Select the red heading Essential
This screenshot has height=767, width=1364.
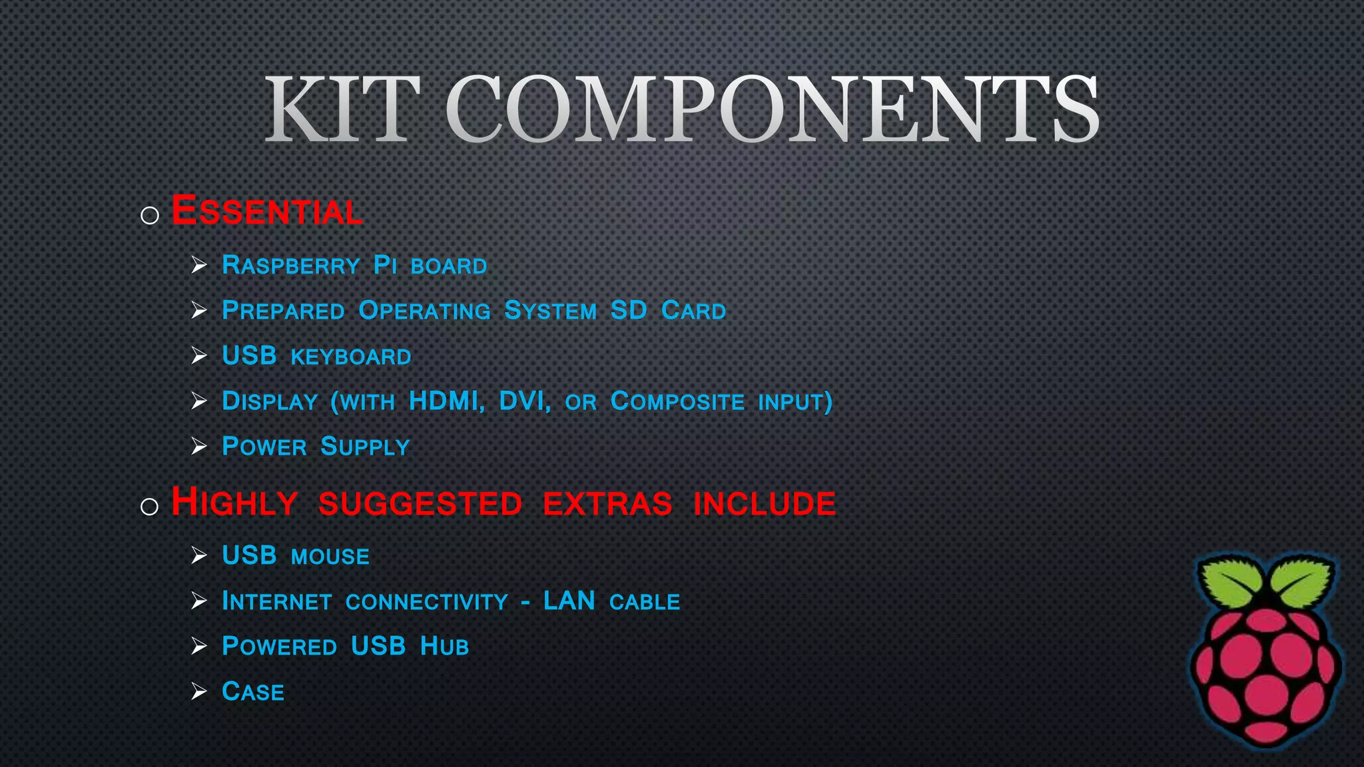266,211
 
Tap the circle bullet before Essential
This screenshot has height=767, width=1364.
150,215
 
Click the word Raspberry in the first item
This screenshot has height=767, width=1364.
290,266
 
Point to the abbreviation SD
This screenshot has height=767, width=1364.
628,310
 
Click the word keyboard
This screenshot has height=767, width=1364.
351,357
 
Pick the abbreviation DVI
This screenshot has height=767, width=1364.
524,401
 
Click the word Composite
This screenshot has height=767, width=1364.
677,401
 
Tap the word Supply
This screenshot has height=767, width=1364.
365,447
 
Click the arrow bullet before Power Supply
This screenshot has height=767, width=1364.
199,446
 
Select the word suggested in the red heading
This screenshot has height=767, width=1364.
420,503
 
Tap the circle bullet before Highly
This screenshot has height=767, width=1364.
150,507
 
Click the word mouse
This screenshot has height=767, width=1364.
330,557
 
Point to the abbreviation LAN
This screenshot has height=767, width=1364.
569,601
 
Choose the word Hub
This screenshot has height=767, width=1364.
444,646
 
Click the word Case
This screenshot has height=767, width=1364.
253,692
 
